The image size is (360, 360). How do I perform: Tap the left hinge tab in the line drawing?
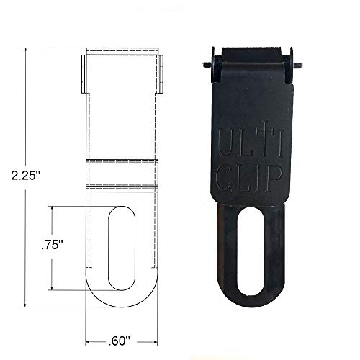pos(82,73)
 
